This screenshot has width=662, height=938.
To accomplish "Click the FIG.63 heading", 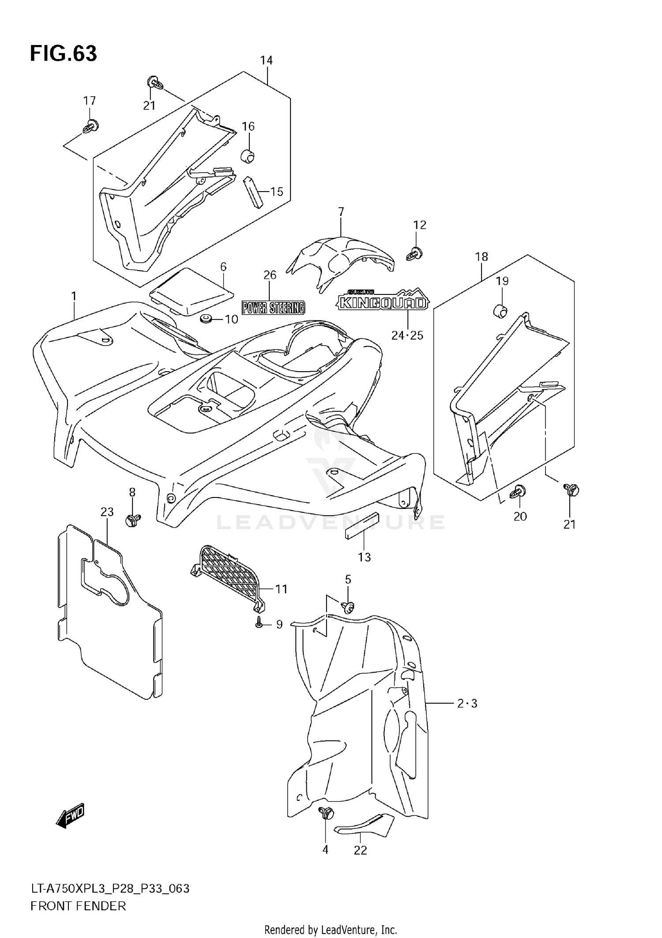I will [x=64, y=54].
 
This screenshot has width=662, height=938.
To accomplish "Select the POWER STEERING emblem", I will [x=273, y=307].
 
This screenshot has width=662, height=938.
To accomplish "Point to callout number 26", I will [x=270, y=275].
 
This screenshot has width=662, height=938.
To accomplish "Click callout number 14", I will [x=266, y=60].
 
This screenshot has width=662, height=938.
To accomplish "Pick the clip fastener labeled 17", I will [x=91, y=126].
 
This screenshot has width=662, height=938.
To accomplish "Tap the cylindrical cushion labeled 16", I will [x=248, y=156].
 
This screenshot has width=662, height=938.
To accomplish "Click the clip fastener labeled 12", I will [x=414, y=253].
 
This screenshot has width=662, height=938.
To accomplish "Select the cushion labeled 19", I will [x=500, y=311].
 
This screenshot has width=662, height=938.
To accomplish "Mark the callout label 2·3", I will [x=467, y=704].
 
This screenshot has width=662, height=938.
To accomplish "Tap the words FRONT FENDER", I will [x=78, y=906].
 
